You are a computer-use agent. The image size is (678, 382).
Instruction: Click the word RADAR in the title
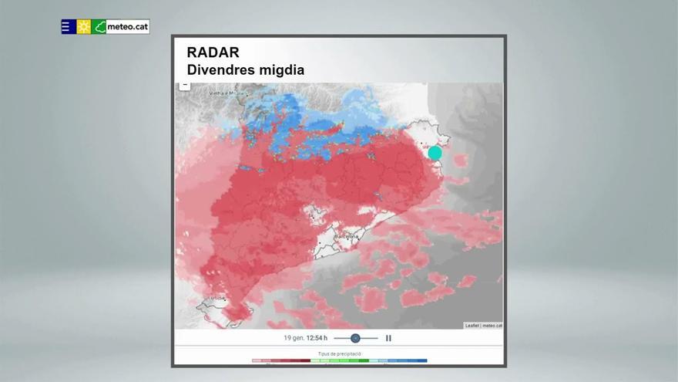213,52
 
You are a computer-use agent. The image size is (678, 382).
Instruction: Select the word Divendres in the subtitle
220,70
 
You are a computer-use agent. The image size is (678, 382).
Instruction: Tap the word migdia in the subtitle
281,70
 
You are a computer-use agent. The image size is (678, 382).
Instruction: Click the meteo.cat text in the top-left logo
127,26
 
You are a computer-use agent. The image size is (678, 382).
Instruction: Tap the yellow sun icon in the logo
83,26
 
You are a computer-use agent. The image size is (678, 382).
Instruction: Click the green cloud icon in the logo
99,26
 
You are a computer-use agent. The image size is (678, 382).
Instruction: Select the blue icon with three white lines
68,26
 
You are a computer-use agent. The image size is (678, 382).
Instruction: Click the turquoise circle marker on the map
435,153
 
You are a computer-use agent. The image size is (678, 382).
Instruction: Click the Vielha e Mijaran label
226,93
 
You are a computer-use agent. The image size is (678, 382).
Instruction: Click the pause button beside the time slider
388,338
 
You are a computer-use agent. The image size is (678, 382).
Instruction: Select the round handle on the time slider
355,338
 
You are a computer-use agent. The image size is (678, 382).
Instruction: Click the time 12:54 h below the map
317,338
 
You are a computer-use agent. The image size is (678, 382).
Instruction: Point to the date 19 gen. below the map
294,338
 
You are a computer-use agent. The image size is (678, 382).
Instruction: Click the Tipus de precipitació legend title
339,353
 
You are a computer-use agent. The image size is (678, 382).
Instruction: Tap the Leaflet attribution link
472,326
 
